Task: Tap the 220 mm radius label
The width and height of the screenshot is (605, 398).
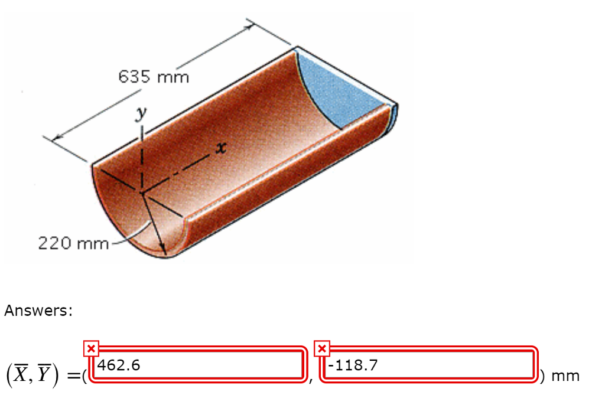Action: pyautogui.click(x=73, y=243)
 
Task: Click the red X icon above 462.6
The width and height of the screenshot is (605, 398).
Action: pyautogui.click(x=91, y=348)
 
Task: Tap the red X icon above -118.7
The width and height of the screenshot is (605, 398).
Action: pyautogui.click(x=321, y=348)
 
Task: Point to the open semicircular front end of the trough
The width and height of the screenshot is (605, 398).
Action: pyautogui.click(x=127, y=213)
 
